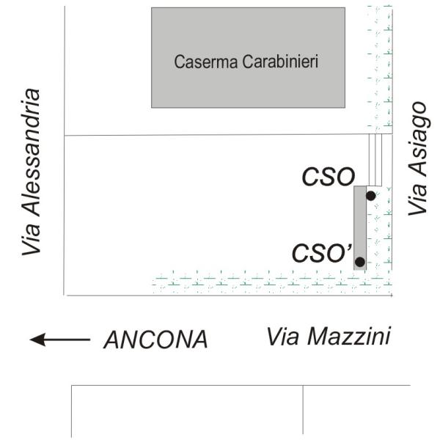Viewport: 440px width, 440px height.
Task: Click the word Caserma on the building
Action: [200, 62]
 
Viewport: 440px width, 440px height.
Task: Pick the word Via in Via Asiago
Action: [416, 199]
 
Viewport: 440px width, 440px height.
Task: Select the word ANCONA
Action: [155, 340]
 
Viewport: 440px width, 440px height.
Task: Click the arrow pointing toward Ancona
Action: [59, 340]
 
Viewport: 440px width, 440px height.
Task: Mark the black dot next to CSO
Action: [370, 196]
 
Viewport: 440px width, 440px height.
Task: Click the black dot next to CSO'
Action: [359, 262]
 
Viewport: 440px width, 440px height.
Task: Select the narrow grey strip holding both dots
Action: [359, 227]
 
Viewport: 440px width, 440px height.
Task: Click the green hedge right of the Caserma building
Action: [380, 70]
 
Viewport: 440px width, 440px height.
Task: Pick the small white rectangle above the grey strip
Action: [375, 160]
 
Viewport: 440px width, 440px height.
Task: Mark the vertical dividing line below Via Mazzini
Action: [303, 411]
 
